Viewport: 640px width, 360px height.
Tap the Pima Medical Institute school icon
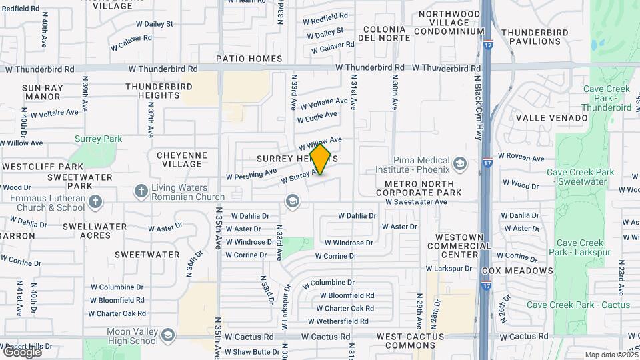[x=459, y=163]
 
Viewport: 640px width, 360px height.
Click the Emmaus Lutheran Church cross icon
[x=95, y=201]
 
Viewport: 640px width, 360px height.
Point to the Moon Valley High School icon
[x=167, y=334]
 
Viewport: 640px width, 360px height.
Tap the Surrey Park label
[x=98, y=139]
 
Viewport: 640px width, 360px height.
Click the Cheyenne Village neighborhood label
[x=182, y=159]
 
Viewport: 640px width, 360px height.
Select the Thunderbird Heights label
[x=159, y=91]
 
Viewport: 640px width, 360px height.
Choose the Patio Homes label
[x=249, y=59]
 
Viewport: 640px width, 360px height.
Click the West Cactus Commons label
[x=410, y=341]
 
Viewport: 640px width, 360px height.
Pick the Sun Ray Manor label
[x=43, y=92]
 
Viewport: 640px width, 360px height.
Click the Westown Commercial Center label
[x=459, y=245]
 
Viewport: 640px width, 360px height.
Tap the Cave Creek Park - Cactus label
[x=578, y=305]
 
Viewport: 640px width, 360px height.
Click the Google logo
[x=21, y=351]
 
